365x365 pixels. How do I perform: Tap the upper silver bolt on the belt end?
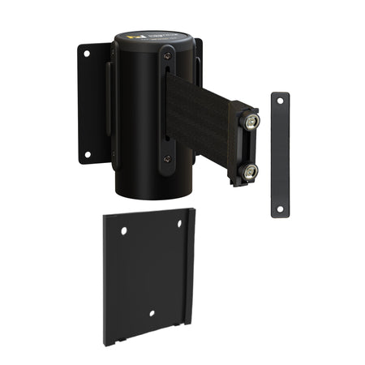[251, 122]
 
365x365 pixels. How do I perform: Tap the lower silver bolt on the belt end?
[250, 170]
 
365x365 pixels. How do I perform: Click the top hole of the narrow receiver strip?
[280, 99]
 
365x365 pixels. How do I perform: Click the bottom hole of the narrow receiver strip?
[279, 208]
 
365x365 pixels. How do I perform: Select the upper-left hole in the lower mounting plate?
[124, 231]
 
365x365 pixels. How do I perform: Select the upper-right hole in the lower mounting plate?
[180, 224]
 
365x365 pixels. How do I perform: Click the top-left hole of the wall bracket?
[85, 54]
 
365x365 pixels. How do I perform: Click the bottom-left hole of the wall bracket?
[86, 154]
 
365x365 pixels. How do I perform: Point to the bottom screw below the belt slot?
[167, 160]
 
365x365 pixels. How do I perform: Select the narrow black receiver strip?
[280, 154]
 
